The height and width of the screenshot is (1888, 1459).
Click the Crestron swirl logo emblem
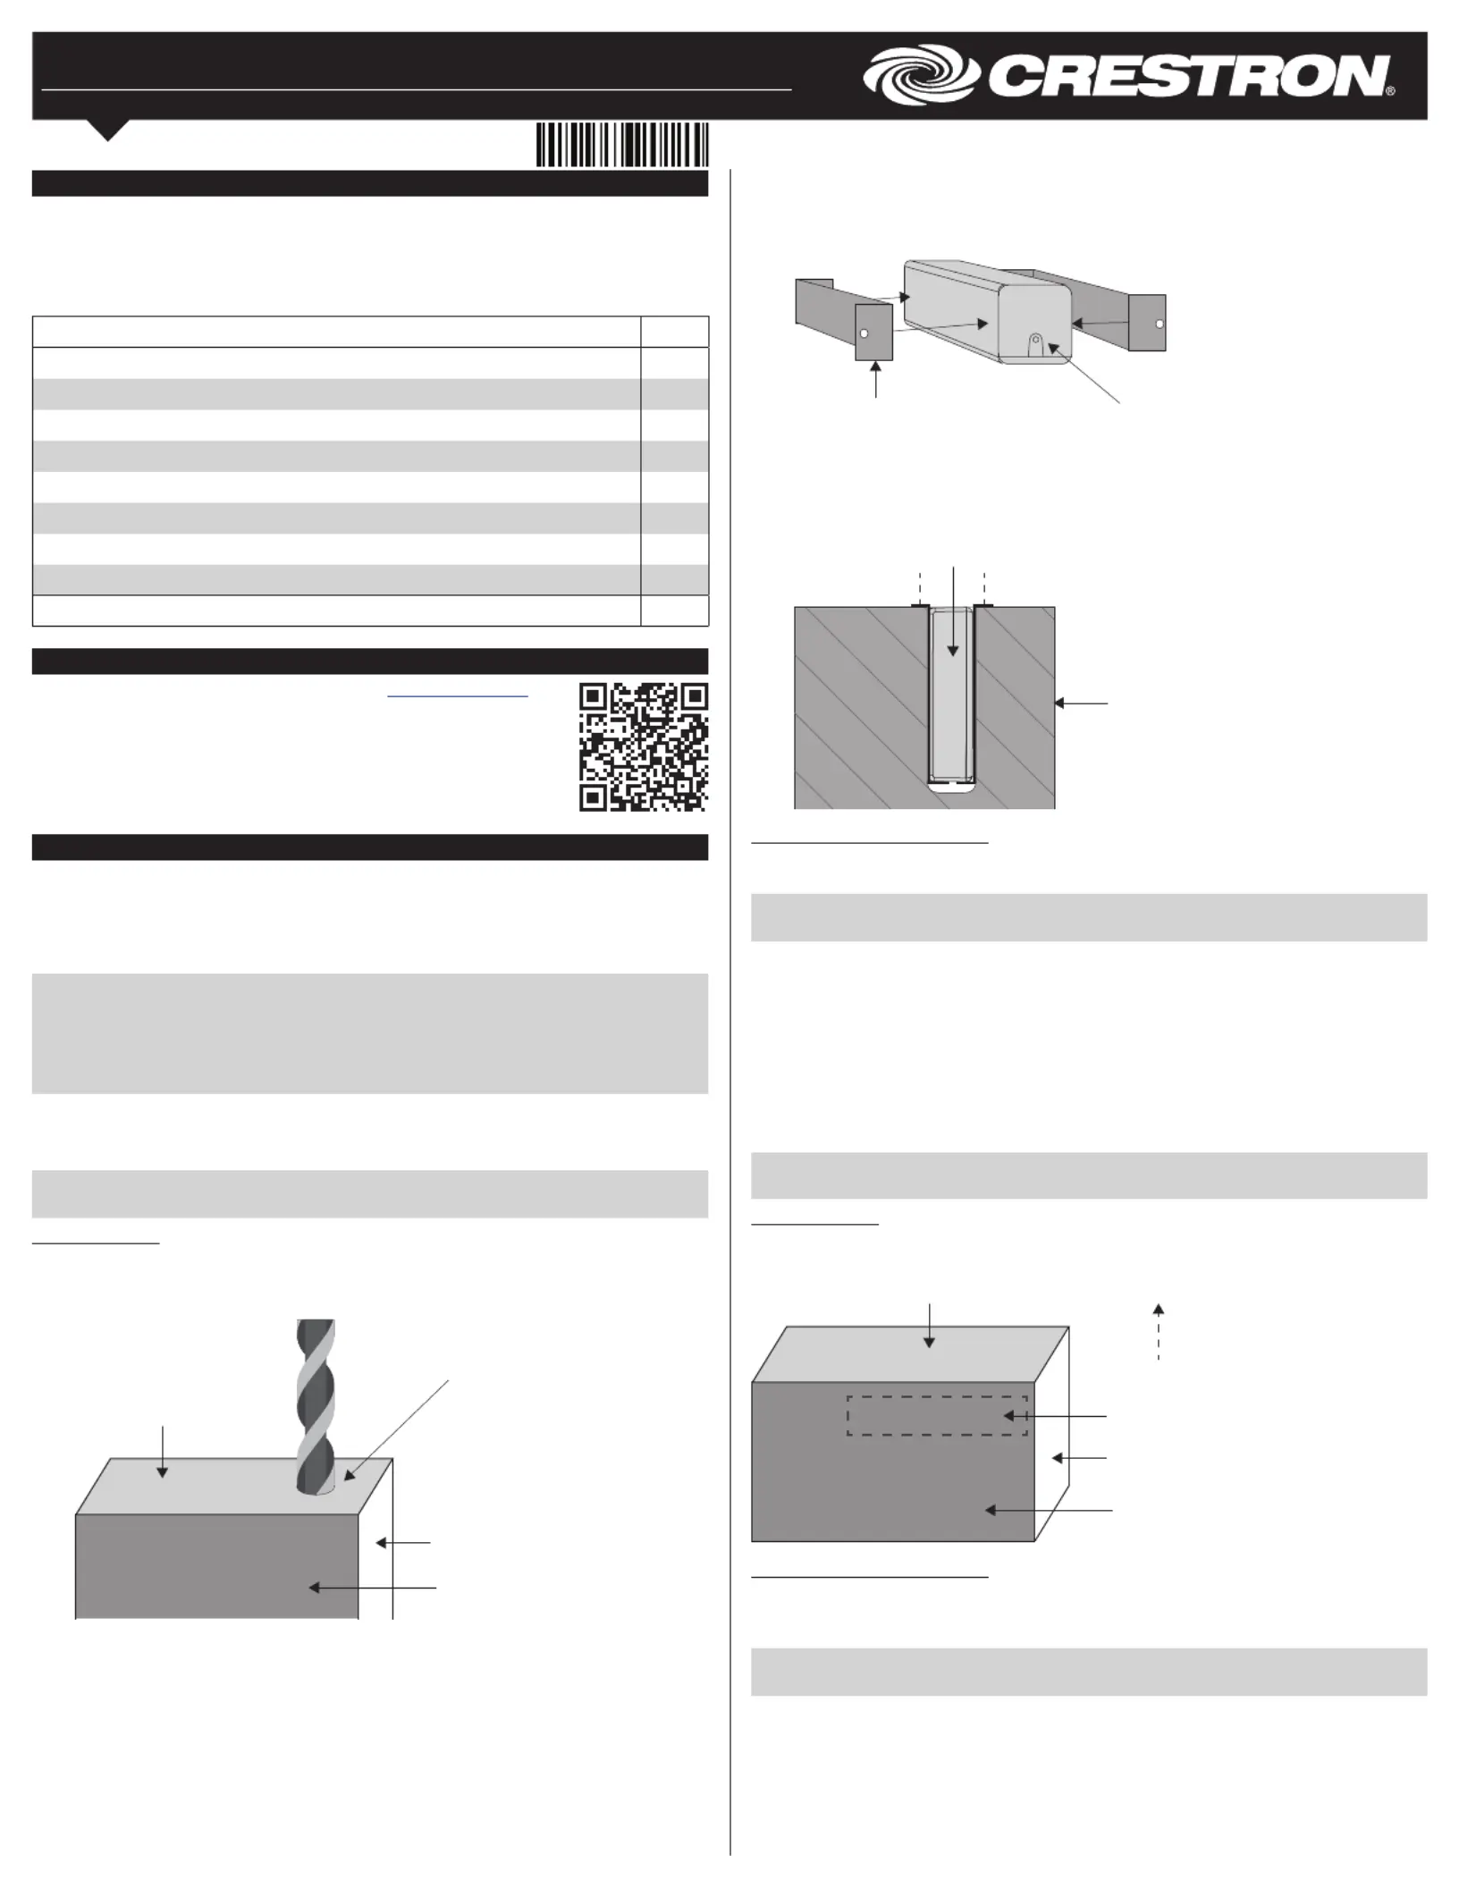coord(922,75)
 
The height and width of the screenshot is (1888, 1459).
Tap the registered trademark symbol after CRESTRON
coord(1390,91)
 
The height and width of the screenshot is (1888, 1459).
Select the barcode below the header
coord(622,145)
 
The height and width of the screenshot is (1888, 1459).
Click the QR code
coord(644,746)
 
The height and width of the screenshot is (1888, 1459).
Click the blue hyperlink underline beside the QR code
coord(458,696)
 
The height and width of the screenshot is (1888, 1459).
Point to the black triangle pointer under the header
coord(108,130)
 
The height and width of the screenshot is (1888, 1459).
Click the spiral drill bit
coord(316,1406)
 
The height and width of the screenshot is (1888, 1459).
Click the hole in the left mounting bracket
coord(864,333)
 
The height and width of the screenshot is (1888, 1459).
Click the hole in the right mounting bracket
coord(1160,324)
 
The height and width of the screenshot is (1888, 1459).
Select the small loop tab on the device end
coord(1035,345)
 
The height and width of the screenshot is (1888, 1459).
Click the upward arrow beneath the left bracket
coord(876,379)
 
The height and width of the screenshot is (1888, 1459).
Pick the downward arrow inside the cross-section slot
coord(954,611)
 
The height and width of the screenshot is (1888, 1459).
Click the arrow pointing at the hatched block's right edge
coord(1081,704)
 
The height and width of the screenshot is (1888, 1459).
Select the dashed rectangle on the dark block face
coord(937,1416)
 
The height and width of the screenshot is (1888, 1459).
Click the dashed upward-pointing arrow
coord(1159,1331)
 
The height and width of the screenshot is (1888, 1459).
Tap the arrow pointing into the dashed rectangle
coord(1055,1416)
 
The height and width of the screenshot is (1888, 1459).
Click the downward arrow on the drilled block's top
coord(163,1453)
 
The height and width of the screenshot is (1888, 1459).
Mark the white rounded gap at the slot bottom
coord(951,788)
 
